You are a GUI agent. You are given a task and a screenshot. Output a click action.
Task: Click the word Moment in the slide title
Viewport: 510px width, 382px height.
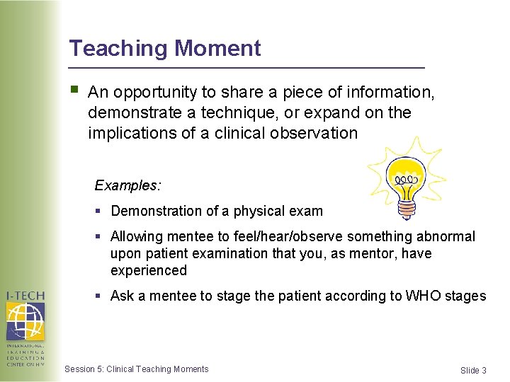click(x=217, y=48)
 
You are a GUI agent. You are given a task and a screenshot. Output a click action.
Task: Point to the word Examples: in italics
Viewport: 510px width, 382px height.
click(x=128, y=185)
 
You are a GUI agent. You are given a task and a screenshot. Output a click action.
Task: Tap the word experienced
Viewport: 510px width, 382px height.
click(x=149, y=270)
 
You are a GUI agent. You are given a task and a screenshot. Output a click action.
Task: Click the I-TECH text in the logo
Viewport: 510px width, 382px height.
click(x=25, y=296)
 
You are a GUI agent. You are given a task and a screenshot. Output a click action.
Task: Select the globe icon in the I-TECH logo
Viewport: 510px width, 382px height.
click(x=25, y=321)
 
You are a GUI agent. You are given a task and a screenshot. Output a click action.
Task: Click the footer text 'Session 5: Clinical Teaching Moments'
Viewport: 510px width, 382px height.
click(x=137, y=369)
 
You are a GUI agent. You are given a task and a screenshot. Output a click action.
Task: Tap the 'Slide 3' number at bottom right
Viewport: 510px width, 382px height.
click(x=473, y=370)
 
